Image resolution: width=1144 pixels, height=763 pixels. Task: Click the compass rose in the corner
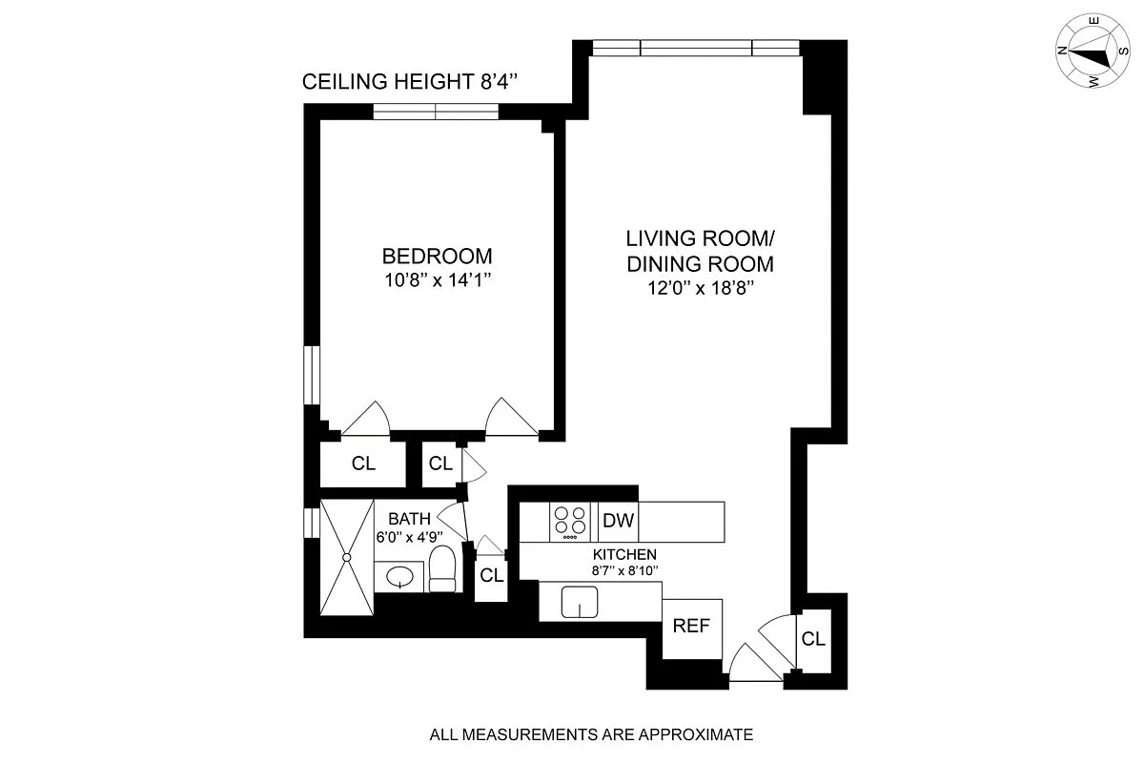coord(1093,54)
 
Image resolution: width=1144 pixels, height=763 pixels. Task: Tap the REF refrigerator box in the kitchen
coord(692,627)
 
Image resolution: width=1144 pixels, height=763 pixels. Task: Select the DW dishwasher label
coord(619,521)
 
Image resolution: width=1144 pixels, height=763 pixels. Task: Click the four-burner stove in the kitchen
coord(572,521)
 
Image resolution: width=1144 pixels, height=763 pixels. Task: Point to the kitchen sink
coord(579,602)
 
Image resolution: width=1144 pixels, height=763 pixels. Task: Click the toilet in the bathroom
coord(442,570)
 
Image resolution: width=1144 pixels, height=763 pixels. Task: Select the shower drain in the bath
coord(348,556)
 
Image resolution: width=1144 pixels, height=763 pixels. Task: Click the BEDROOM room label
coord(437,256)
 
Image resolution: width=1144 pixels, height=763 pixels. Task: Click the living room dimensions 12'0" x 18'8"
coord(699,288)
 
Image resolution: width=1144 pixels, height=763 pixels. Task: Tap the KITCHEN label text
coord(624,554)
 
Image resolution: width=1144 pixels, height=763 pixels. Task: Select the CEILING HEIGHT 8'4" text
coord(410,82)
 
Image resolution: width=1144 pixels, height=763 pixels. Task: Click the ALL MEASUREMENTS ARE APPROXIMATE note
coord(591,734)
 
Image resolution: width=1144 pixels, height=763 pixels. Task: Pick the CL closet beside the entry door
coord(813,639)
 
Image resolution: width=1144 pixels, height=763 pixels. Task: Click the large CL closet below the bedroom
coord(363,464)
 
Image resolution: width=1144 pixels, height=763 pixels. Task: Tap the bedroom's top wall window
coord(436,112)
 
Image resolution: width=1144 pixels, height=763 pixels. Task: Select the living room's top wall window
coord(695,49)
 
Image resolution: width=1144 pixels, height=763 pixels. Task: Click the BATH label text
coord(409,519)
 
